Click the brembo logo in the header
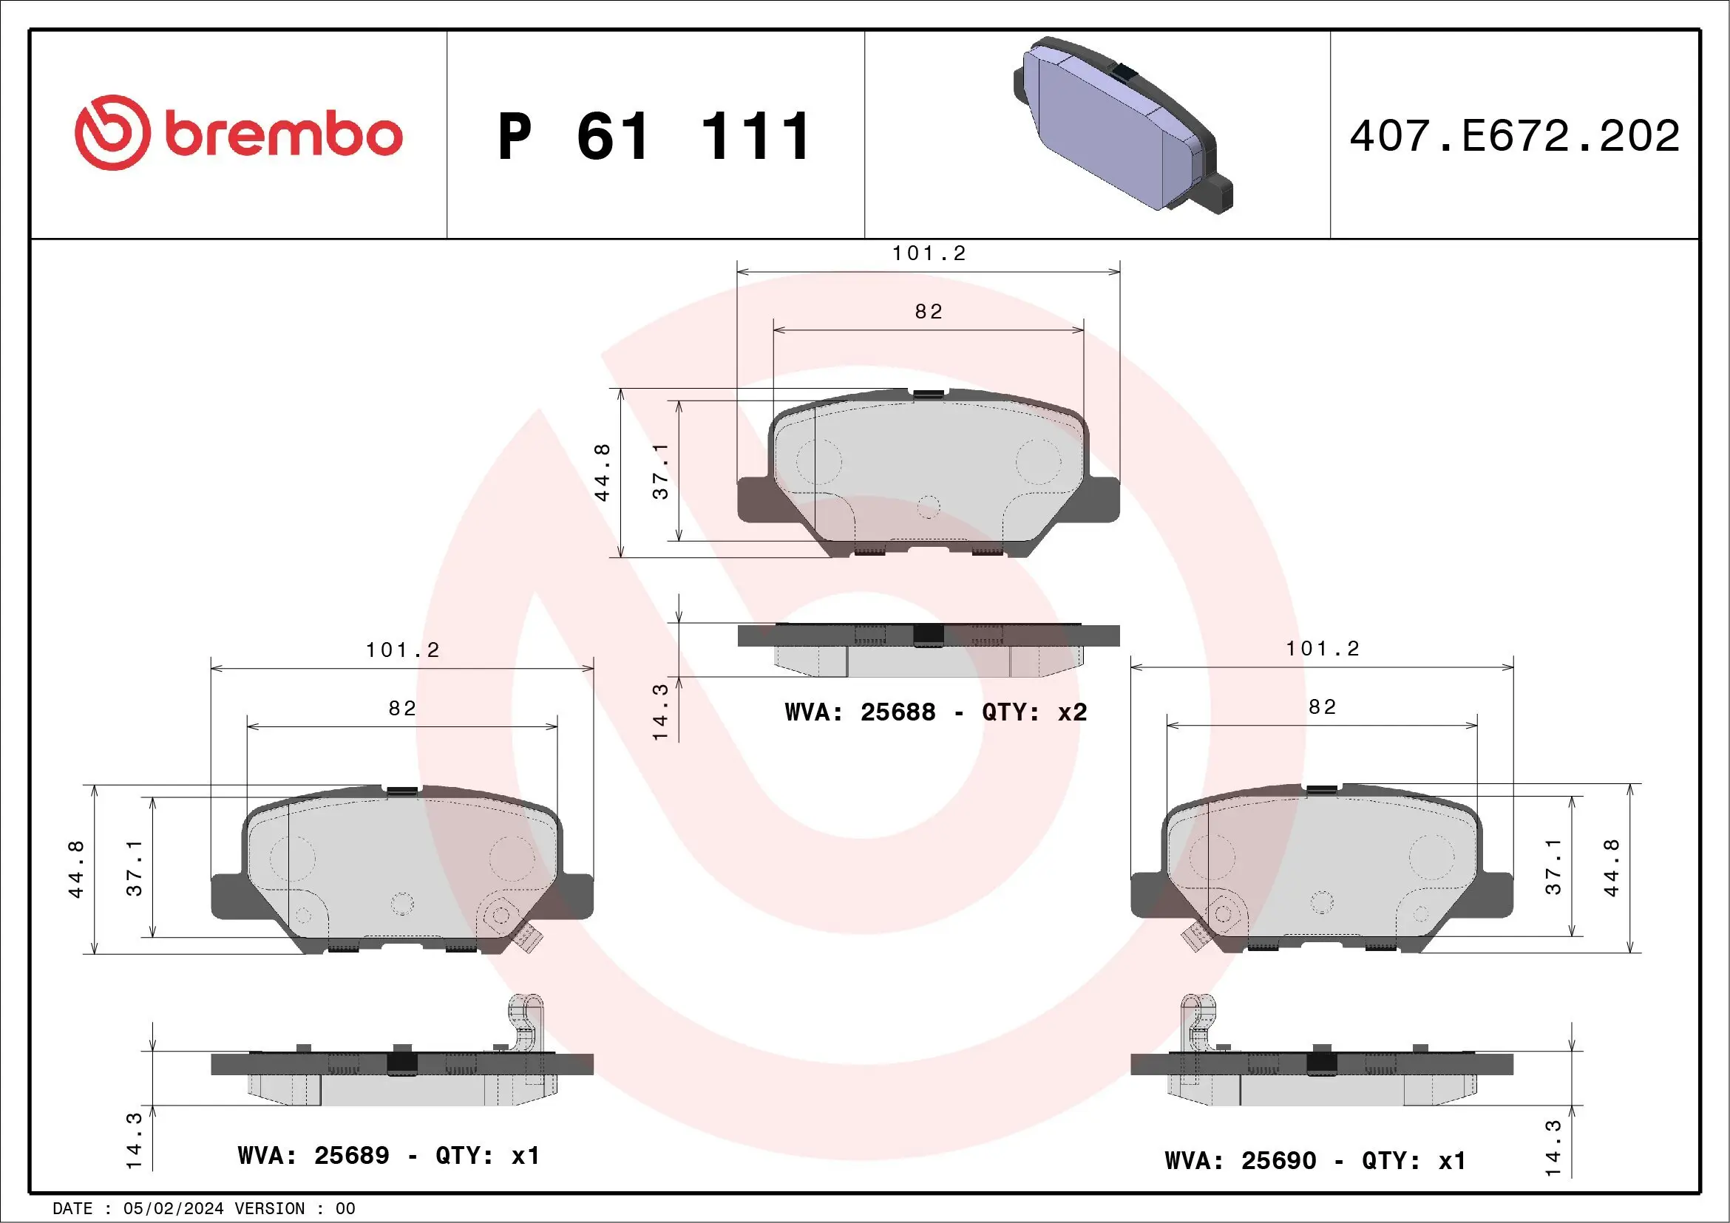[238, 133]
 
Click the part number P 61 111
[654, 136]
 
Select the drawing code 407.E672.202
[1515, 136]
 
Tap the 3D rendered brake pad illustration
[1123, 126]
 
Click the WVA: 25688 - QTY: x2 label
[935, 712]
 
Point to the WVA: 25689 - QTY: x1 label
[388, 1155]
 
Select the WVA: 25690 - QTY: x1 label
[1315, 1160]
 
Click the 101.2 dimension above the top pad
[929, 253]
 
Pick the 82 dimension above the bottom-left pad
[402, 708]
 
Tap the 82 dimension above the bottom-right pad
[1323, 706]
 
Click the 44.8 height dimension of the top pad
[602, 472]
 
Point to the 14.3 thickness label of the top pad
[660, 712]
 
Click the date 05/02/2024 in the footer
[173, 1209]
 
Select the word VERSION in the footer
[270, 1209]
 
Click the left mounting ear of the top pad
[756, 500]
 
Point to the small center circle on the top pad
[929, 507]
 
